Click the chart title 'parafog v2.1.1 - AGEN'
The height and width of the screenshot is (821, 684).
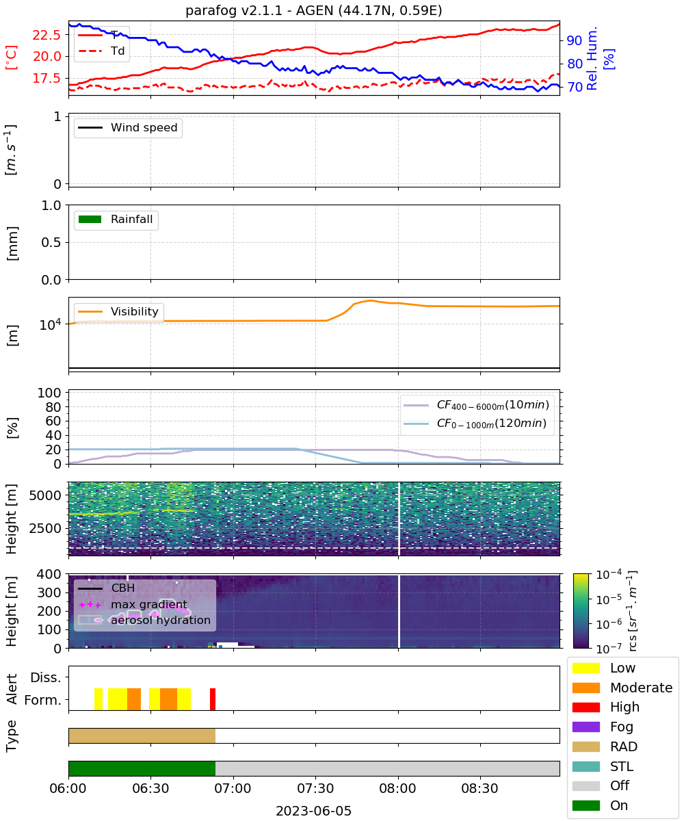point(259,10)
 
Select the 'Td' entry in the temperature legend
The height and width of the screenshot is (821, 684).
point(118,51)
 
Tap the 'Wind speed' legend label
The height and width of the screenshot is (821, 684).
point(144,127)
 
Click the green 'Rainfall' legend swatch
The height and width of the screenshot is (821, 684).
point(90,219)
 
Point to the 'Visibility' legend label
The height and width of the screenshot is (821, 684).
point(135,311)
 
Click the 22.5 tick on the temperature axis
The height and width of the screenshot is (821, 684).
point(47,35)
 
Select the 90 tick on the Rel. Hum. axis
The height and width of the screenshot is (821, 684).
point(575,40)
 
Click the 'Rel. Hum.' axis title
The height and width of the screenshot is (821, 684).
point(592,59)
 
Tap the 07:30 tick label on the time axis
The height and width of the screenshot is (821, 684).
point(315,788)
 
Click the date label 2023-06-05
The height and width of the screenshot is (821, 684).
point(314,811)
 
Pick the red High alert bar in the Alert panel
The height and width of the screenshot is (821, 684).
point(213,699)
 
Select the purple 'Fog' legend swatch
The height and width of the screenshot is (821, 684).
point(586,727)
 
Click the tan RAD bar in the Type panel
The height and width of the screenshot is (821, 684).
point(142,735)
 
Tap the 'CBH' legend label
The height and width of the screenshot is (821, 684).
point(123,588)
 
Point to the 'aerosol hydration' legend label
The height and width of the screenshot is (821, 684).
point(161,620)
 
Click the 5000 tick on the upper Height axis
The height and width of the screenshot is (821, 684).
point(45,495)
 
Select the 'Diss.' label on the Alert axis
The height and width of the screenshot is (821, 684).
point(46,677)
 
